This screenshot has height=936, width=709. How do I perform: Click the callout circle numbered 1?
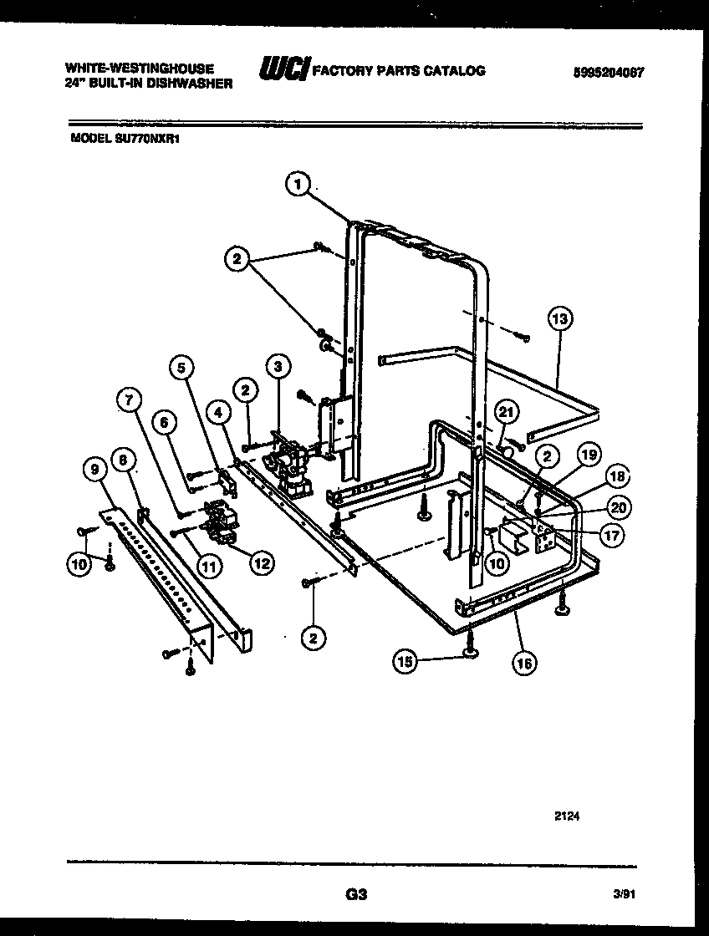pyautogui.click(x=297, y=185)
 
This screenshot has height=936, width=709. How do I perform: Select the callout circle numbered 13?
pyautogui.click(x=560, y=319)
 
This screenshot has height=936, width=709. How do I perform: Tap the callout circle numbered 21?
pyautogui.click(x=505, y=410)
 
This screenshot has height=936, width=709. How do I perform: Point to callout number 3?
pyautogui.click(x=278, y=365)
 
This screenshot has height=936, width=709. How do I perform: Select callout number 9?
pyautogui.click(x=93, y=471)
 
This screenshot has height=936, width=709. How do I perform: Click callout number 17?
pyautogui.click(x=612, y=535)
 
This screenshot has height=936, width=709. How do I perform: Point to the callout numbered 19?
pyautogui.click(x=589, y=455)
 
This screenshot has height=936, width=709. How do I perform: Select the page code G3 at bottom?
pyautogui.click(x=356, y=894)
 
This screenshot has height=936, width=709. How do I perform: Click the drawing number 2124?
pyautogui.click(x=566, y=816)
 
